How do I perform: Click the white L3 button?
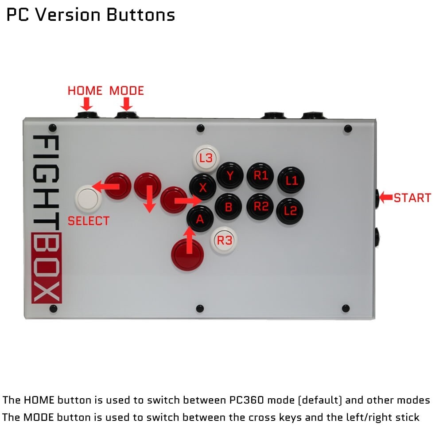point(206,157)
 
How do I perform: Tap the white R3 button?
point(224,241)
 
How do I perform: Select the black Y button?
point(230,176)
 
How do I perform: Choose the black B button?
point(228,207)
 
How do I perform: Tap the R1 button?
point(260,176)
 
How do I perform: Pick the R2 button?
point(260,206)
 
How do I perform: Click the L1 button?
point(291,180)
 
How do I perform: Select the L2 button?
point(290,211)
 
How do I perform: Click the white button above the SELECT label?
point(88,198)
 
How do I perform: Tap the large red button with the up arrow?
point(187,255)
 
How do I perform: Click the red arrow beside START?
point(386,197)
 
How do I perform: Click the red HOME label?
point(85,91)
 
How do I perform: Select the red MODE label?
point(127,91)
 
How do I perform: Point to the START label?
point(412,198)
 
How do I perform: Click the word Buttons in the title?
point(140,15)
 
